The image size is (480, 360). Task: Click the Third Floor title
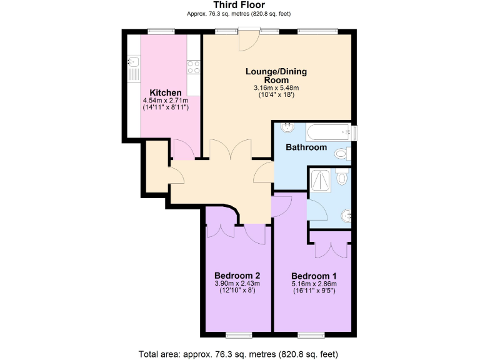[x=239, y=5]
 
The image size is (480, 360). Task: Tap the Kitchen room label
[x=166, y=92]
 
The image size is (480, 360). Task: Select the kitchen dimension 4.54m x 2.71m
[x=166, y=101]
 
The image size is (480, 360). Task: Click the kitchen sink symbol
[x=133, y=62]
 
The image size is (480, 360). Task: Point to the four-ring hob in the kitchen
[x=194, y=66]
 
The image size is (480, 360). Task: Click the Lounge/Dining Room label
[x=276, y=76]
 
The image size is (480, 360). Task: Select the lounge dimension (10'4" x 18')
[x=276, y=95]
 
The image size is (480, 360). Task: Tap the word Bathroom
[x=306, y=147]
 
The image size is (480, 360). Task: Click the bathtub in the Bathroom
[x=327, y=131]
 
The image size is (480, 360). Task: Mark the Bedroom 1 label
[x=314, y=276]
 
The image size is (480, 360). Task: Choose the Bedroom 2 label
[x=237, y=276]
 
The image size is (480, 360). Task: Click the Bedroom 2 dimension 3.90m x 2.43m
[x=237, y=284]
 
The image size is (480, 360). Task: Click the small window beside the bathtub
[x=354, y=132]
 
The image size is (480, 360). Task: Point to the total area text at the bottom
[x=239, y=354]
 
